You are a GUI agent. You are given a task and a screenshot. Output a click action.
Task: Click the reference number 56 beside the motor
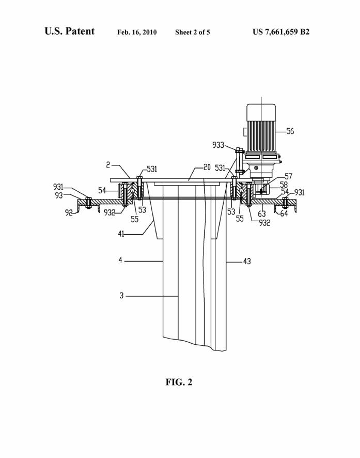point(290,131)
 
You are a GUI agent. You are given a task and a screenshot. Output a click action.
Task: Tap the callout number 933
point(218,145)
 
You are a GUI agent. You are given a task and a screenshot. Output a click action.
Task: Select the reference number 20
point(207,167)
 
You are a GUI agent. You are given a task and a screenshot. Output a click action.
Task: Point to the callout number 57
point(288,176)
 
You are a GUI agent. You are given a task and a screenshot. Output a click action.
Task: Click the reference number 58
point(284,185)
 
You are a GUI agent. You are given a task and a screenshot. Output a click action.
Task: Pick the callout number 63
point(262,214)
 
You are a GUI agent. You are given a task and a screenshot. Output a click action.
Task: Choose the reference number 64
point(284,213)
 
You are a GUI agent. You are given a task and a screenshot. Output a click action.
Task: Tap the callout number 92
point(69,212)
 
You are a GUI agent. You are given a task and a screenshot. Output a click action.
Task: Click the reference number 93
point(59,195)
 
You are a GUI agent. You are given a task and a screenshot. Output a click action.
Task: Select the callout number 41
point(121,234)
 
